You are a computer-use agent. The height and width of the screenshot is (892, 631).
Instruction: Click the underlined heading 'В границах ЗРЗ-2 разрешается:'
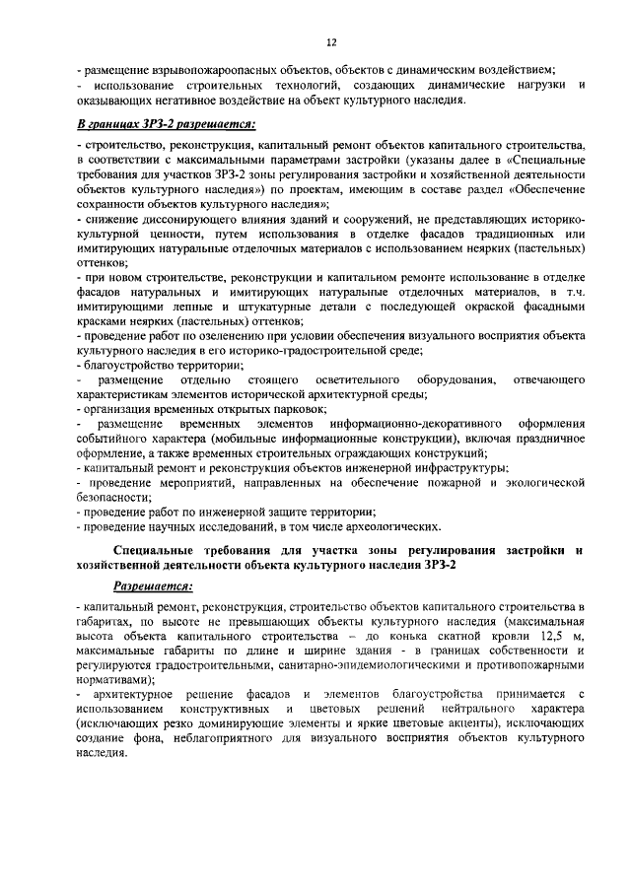pos(165,124)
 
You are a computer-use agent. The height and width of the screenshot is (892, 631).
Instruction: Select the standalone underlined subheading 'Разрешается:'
pos(154,584)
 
